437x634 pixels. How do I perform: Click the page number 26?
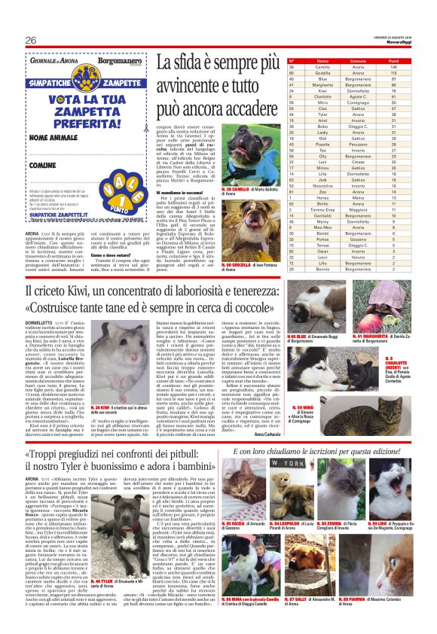[x=31, y=39]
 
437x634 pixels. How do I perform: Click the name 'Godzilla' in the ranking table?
[x=301, y=72]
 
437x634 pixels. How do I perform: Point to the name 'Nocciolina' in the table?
[x=301, y=185]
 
